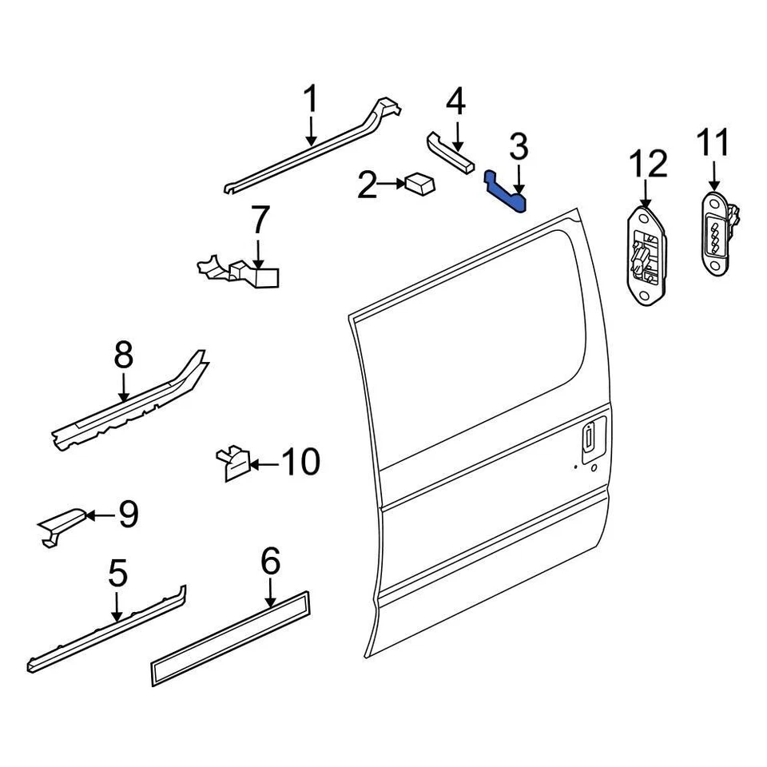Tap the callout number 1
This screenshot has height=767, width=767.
coord(310,102)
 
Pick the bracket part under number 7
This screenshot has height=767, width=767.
coord(240,272)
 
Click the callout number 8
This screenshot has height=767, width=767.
coord(123,356)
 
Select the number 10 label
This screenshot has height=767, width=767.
coord(300,462)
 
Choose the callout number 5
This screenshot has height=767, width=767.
coord(117,573)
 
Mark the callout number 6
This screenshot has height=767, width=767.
coord(271,562)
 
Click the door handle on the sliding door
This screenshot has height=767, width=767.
coord(588,439)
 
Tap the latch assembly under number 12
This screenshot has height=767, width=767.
coord(646,254)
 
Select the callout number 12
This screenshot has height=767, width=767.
coord(646,165)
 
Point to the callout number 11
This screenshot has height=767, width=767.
coord(713,145)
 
